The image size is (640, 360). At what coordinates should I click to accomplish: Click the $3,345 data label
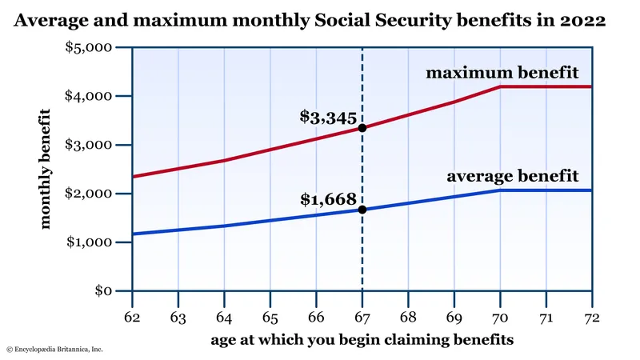point(327,117)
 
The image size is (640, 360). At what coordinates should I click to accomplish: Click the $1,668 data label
point(327,198)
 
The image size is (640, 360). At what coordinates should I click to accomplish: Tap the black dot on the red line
point(362,128)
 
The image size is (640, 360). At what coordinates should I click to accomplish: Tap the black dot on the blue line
point(362,210)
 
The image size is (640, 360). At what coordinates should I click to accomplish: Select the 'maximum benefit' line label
point(502,74)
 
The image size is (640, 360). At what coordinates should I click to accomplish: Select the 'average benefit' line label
point(512,175)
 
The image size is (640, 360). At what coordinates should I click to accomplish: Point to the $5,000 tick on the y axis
point(90,46)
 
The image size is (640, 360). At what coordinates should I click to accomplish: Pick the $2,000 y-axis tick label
point(90,193)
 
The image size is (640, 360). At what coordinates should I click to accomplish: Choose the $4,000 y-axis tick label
point(90,95)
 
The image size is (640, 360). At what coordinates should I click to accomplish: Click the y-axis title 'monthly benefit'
point(46,170)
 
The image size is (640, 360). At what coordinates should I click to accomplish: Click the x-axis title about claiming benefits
point(362,339)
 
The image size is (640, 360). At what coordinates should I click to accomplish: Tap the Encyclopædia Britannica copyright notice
point(54,350)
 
